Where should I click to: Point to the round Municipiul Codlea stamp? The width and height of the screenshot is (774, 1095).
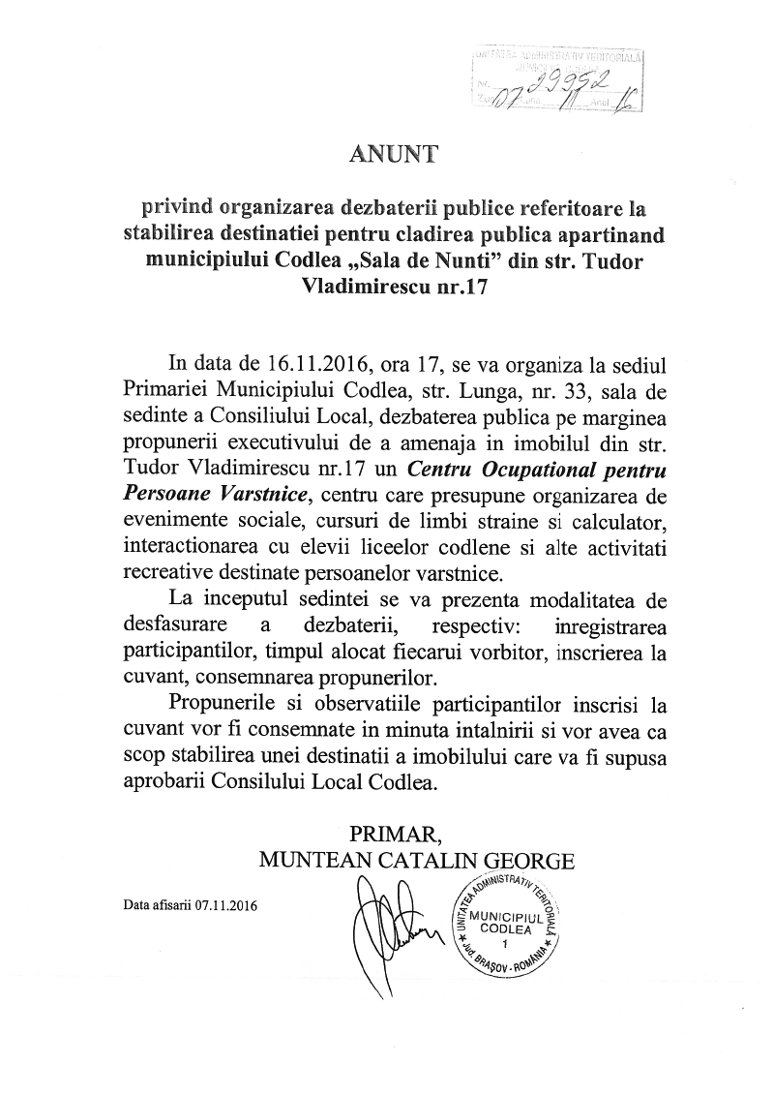[507, 927]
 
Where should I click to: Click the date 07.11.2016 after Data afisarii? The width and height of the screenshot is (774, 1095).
[232, 906]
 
